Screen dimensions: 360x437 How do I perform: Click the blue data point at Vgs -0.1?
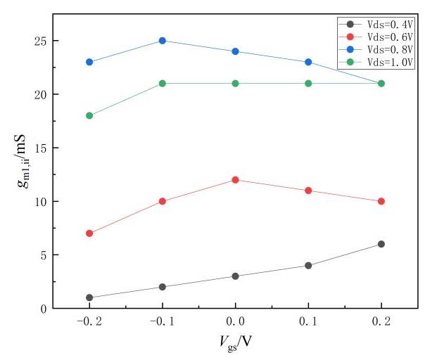point(163,41)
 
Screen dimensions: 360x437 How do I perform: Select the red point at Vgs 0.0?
point(235,180)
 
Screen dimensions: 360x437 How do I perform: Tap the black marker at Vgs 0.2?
point(381,244)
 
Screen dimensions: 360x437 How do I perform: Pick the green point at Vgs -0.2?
point(89,115)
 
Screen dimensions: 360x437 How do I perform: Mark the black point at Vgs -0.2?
point(89,297)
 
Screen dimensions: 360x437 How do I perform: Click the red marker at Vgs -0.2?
point(89,233)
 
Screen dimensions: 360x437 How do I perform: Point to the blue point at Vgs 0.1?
point(308,62)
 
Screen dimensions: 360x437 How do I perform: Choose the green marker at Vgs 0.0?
point(235,84)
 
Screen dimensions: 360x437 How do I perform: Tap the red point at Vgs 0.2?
point(381,201)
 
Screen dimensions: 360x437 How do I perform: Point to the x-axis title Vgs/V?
point(235,343)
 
